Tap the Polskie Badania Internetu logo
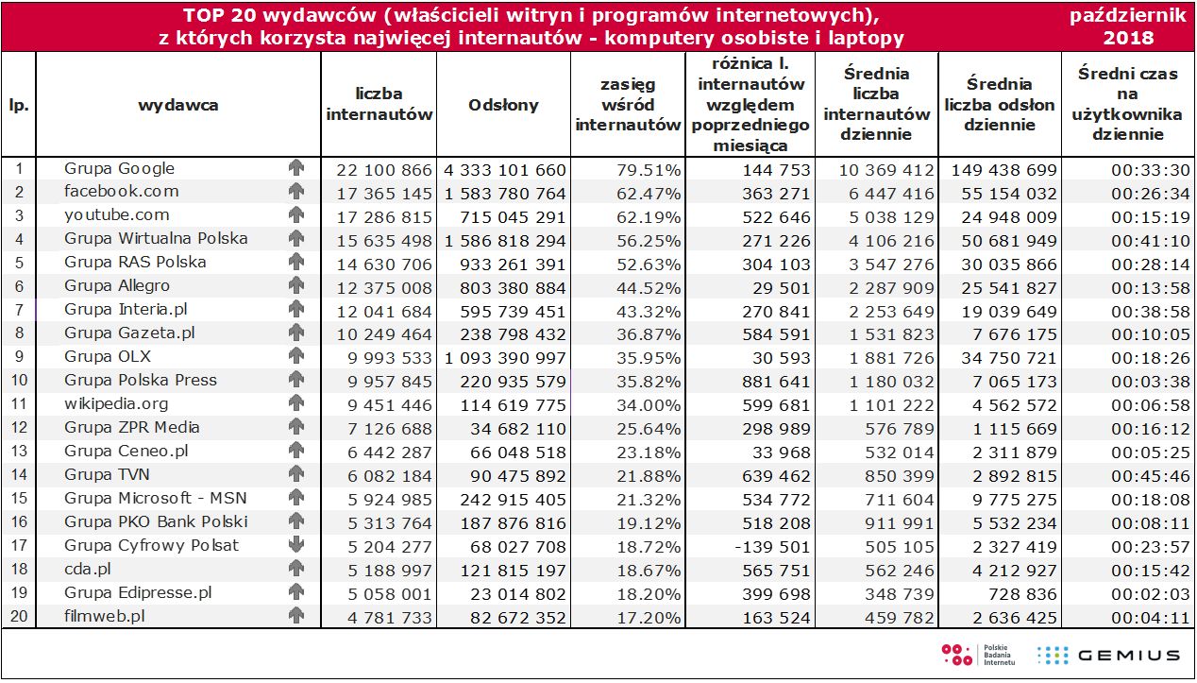coord(979,654)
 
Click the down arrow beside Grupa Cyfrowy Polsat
coord(296,545)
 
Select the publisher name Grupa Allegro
coord(117,285)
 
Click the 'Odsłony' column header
coord(503,105)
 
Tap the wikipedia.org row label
coord(116,403)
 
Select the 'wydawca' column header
coord(177,105)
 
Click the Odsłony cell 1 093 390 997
coord(505,358)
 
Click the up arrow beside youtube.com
coord(296,214)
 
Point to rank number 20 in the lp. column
coord(18,616)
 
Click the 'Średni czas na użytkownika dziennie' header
coord(1127,104)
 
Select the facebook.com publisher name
coord(121,191)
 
